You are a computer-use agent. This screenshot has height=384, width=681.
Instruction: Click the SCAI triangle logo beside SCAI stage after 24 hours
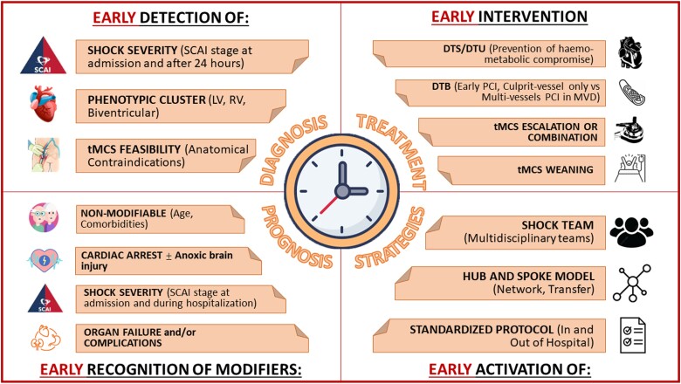(x=44, y=56)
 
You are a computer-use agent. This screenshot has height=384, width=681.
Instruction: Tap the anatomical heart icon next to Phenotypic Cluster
(x=44, y=104)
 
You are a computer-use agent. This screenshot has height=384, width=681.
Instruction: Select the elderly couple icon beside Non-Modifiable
(x=44, y=217)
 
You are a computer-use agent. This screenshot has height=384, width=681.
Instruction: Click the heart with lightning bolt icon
(x=44, y=260)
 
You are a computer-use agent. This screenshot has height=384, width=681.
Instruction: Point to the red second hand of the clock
(x=329, y=205)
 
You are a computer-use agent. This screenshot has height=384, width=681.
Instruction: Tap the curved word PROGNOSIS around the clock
(x=296, y=237)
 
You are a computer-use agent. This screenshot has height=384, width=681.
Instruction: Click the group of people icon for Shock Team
(x=631, y=232)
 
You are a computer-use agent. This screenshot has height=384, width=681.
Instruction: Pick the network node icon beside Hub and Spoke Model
(x=632, y=283)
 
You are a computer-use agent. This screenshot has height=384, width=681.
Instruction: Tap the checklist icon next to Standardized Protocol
(x=632, y=335)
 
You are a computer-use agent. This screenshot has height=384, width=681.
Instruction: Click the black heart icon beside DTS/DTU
(x=630, y=54)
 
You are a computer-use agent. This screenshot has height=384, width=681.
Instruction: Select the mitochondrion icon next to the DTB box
(x=631, y=92)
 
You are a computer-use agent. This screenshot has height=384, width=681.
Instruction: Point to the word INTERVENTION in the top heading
(x=533, y=17)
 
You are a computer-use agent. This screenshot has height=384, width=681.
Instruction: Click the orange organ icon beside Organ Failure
(x=45, y=338)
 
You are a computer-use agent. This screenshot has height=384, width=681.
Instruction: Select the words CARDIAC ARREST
(x=121, y=255)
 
